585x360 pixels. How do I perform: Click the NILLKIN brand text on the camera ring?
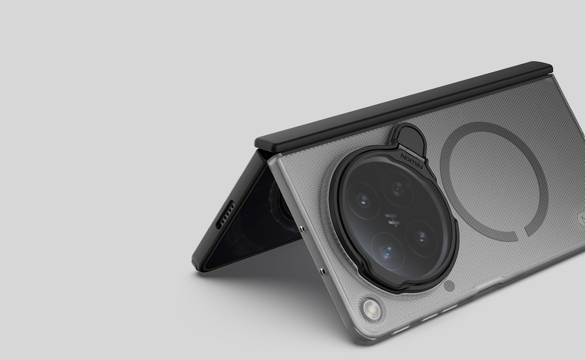(x=412, y=160)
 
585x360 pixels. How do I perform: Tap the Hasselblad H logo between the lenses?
(x=391, y=220)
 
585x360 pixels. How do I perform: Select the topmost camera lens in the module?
(x=398, y=189)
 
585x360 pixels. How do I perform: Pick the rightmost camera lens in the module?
(x=422, y=238)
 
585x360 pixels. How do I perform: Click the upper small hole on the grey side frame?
(x=301, y=228)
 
